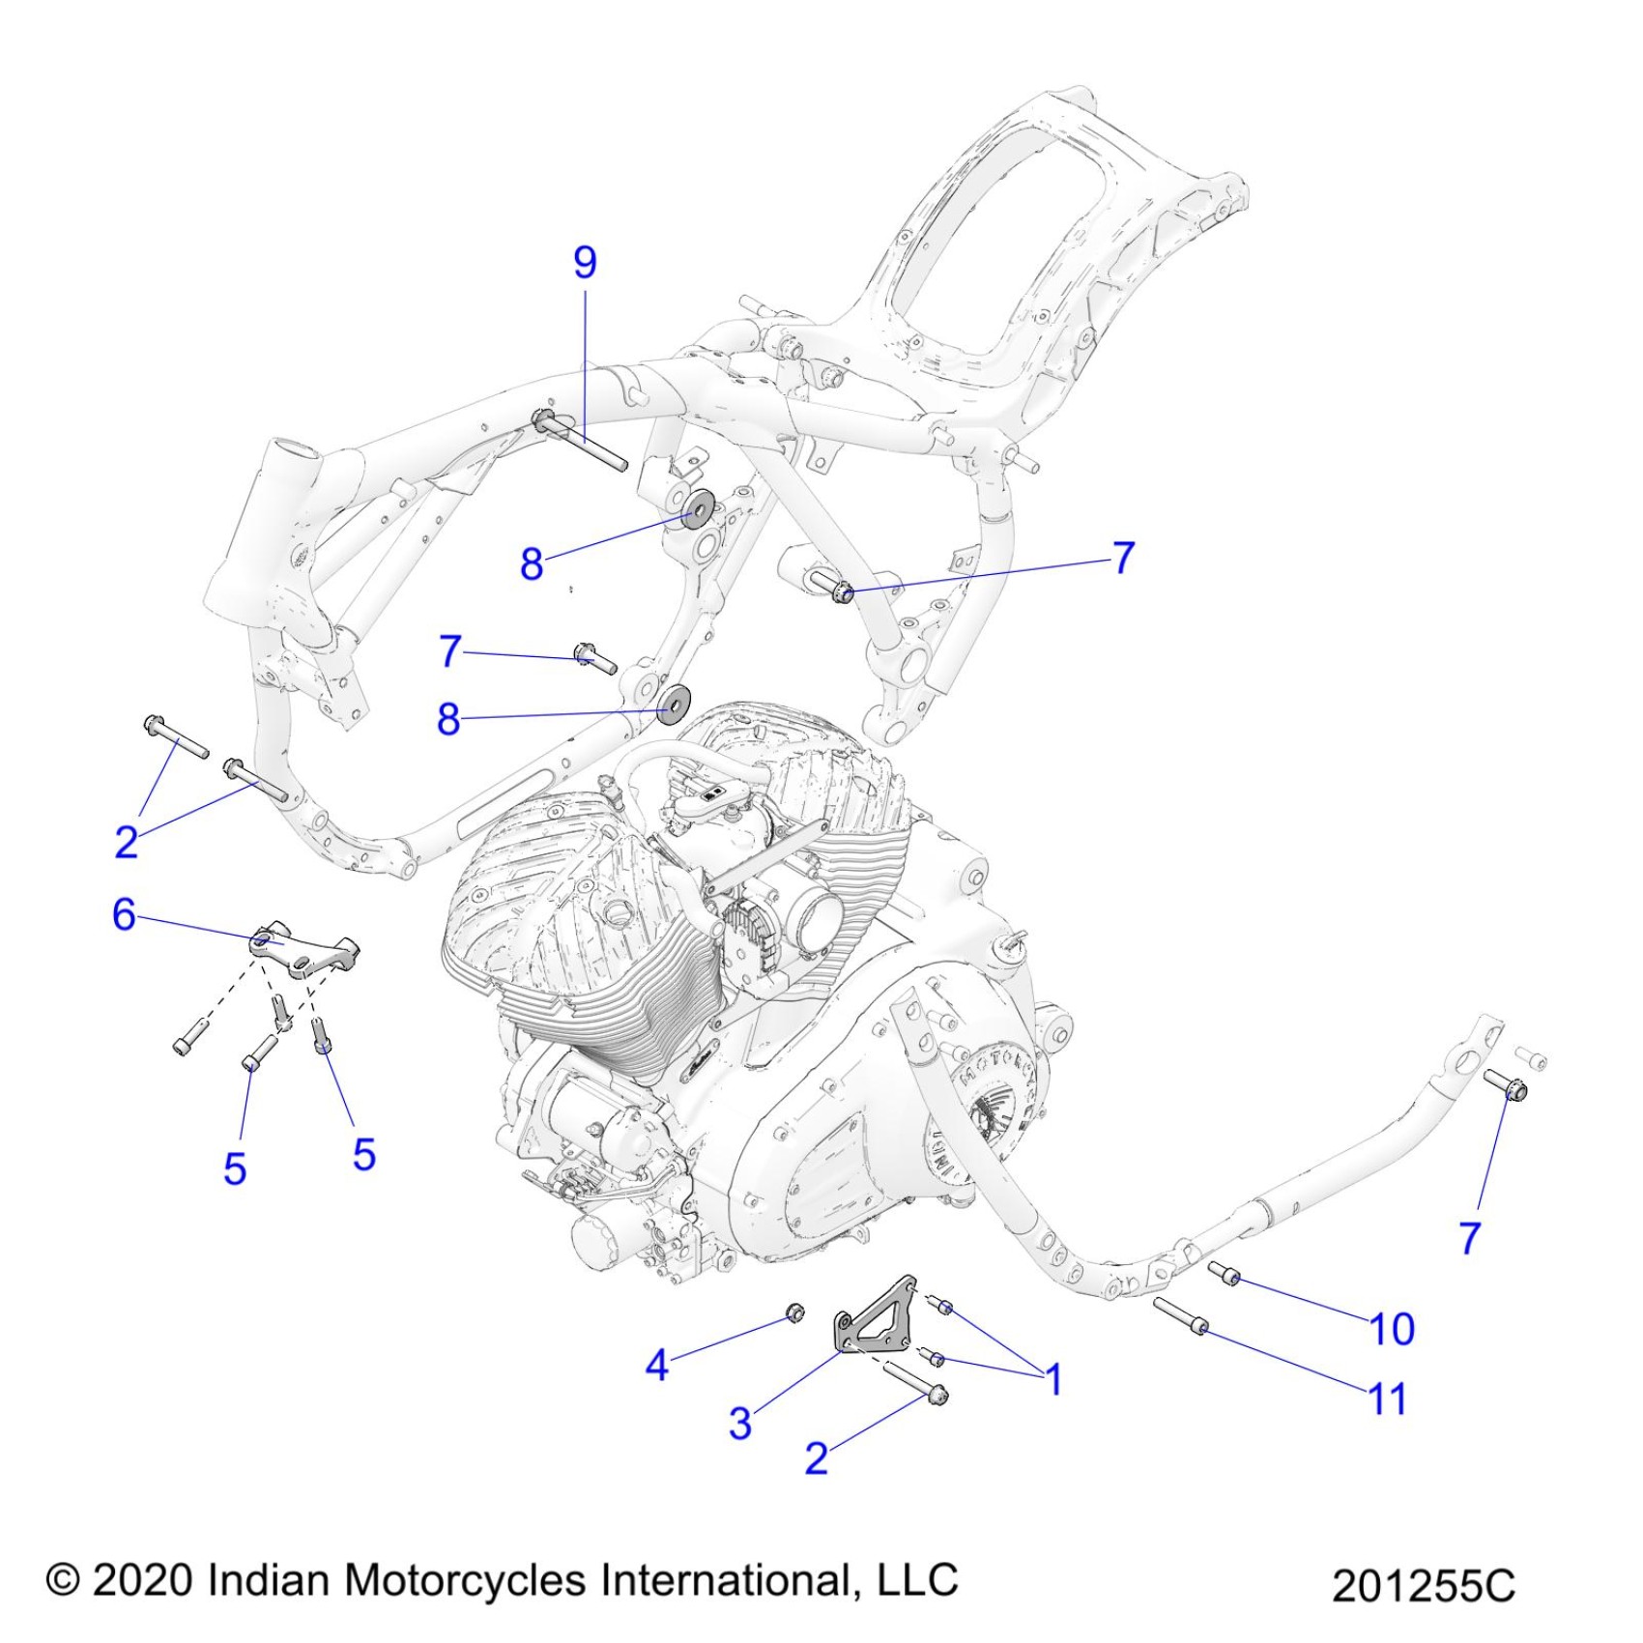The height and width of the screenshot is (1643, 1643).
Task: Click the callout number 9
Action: pyautogui.click(x=585, y=263)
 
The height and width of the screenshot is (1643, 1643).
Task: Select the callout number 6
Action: pyautogui.click(x=124, y=914)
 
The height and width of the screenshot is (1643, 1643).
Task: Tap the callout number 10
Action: pyautogui.click(x=1393, y=1330)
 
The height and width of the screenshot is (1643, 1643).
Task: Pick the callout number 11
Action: pyautogui.click(x=1388, y=1399)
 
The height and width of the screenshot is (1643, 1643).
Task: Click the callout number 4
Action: pyautogui.click(x=657, y=1366)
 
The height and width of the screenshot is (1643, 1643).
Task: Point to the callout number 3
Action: pyautogui.click(x=740, y=1423)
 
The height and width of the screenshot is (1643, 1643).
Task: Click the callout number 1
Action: pyautogui.click(x=1054, y=1379)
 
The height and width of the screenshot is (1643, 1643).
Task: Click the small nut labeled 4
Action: pyautogui.click(x=794, y=1312)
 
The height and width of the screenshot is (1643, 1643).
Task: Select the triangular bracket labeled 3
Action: pyautogui.click(x=875, y=1320)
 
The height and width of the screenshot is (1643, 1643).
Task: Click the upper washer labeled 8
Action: pyautogui.click(x=697, y=508)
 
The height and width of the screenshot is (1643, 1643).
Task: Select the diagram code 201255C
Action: pyautogui.click(x=1423, y=1586)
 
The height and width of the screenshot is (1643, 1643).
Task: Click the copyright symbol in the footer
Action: pyautogui.click(x=63, y=1580)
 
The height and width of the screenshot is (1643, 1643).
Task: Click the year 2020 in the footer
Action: pyautogui.click(x=145, y=1580)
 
